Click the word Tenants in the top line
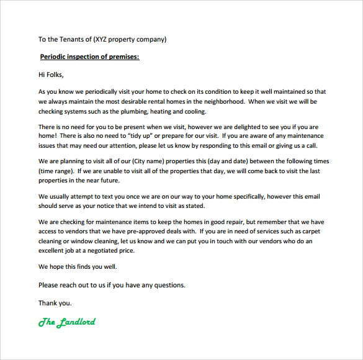(71, 39)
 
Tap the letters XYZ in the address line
(103, 39)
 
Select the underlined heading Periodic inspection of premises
(89, 57)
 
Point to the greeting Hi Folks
(51, 75)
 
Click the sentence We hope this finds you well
(78, 267)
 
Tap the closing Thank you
(55, 304)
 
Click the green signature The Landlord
(67, 322)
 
